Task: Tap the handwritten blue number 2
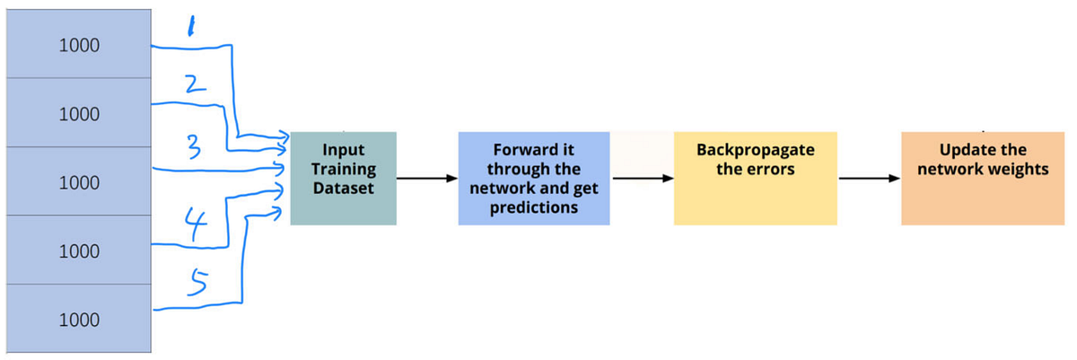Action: (x=197, y=86)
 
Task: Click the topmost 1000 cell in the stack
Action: (x=78, y=46)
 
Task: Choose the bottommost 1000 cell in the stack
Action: (x=78, y=320)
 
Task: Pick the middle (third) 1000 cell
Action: (x=78, y=182)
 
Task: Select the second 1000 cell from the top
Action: (x=78, y=114)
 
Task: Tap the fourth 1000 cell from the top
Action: (x=78, y=251)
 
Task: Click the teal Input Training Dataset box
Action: (x=343, y=178)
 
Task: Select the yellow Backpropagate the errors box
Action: (x=756, y=178)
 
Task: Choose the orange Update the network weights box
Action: (x=982, y=178)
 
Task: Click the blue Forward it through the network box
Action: (x=534, y=178)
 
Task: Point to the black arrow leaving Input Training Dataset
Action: (x=426, y=178)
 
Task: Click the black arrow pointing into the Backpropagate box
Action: (x=642, y=178)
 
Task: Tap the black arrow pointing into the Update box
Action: (x=869, y=178)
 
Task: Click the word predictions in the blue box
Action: (x=533, y=207)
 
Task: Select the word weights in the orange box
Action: (x=1018, y=169)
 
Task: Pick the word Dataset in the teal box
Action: (x=343, y=188)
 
